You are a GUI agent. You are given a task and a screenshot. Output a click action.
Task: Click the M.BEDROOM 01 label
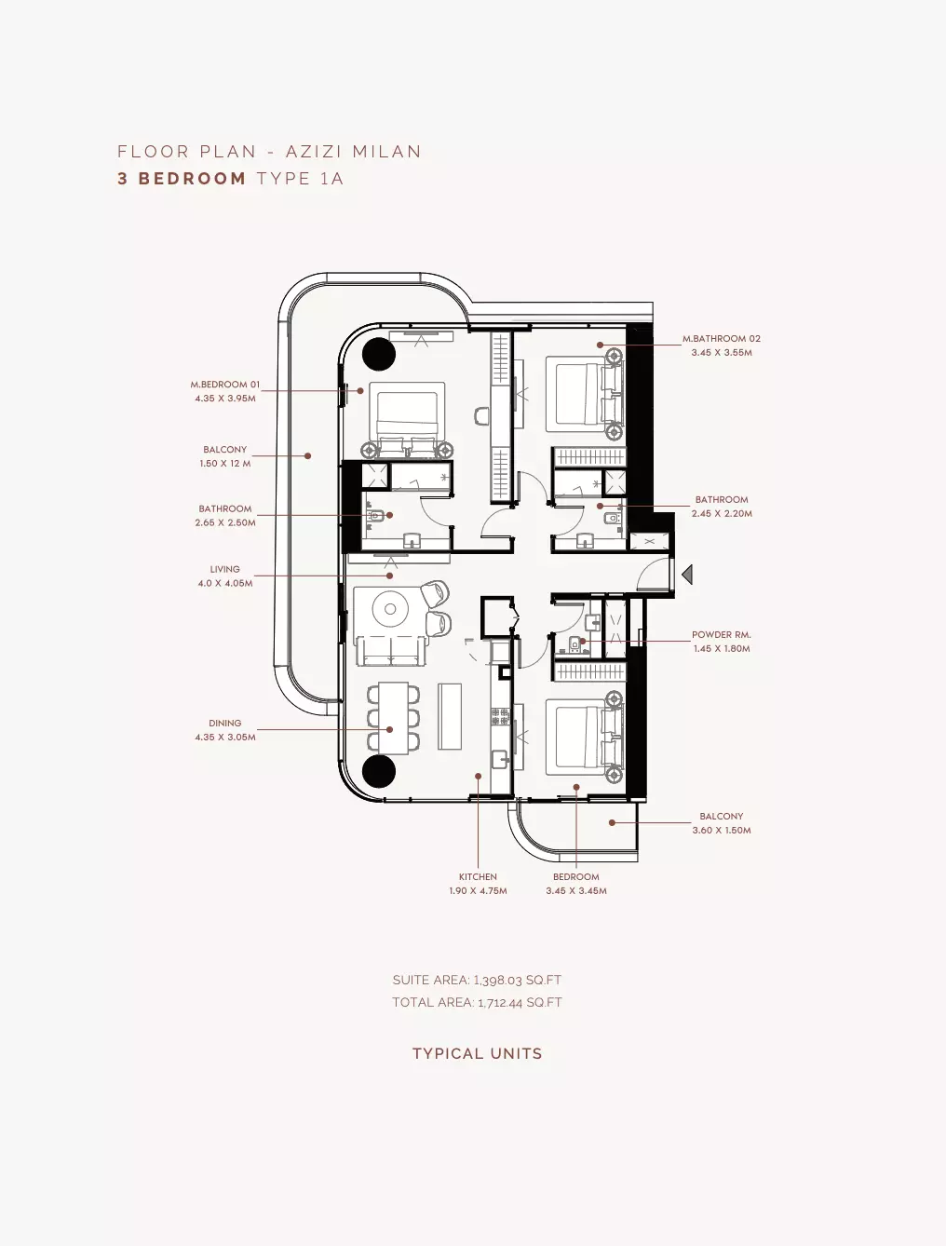point(224,385)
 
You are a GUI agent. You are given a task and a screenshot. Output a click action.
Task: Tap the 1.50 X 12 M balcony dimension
point(224,463)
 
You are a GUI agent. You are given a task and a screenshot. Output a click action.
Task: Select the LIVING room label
point(224,569)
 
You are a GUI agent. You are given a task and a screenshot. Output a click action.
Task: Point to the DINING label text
point(224,723)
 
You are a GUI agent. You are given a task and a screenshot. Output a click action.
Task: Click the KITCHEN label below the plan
point(478,876)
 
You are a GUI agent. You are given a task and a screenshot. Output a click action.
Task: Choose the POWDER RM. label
point(722,634)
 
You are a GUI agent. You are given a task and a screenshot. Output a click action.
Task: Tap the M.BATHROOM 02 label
point(722,338)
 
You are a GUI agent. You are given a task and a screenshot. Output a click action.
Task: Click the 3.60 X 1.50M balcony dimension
point(722,830)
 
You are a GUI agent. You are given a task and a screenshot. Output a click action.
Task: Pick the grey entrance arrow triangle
point(687,575)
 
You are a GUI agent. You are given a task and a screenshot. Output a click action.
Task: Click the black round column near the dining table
point(379,771)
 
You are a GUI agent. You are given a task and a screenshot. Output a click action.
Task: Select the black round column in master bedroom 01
point(379,354)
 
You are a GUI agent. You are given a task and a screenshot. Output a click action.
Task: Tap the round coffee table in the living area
point(390,609)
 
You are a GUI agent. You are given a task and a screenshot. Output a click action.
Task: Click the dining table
point(393,718)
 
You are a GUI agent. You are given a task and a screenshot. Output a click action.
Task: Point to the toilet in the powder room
point(574,643)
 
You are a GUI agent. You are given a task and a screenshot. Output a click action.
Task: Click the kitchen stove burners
point(500,716)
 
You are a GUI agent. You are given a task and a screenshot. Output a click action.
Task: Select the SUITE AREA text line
point(477,980)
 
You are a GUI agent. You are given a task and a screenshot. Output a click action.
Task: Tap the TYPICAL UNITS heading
point(478,1053)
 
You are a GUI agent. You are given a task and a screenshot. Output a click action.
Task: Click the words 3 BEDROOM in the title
point(182,178)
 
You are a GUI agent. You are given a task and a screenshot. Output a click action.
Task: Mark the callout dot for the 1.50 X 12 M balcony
point(307,455)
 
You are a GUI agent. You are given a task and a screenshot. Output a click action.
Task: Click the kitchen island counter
point(450,716)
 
